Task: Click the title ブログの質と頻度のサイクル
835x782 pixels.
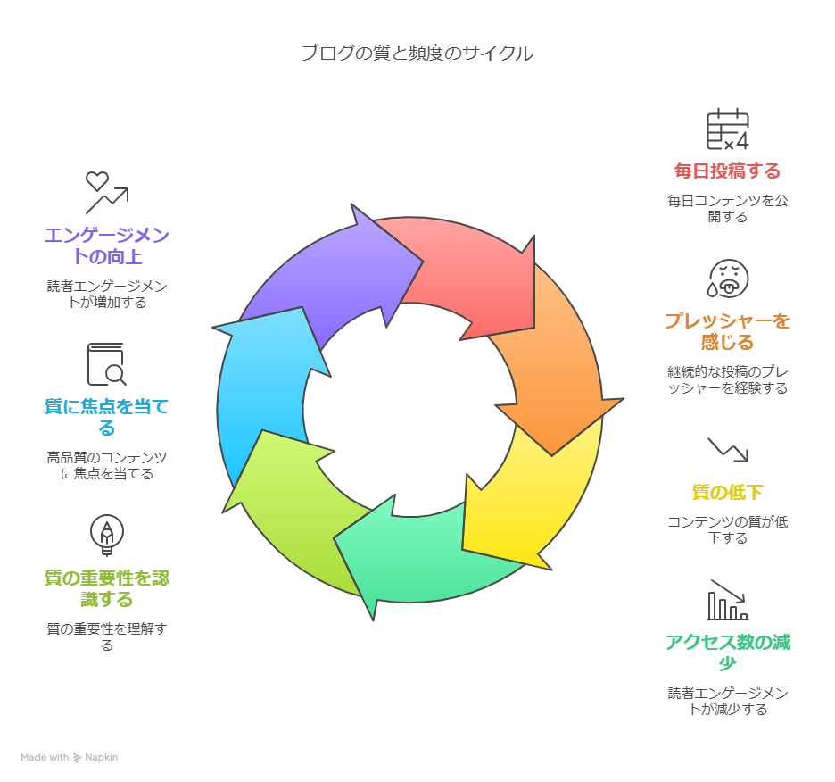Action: [417, 53]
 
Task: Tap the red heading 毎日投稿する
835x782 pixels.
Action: [727, 171]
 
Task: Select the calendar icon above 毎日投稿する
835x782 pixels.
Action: [727, 130]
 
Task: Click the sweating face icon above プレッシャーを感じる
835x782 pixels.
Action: [728, 279]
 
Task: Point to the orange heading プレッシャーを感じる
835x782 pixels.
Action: [727, 331]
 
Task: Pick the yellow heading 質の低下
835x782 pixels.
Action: [727, 492]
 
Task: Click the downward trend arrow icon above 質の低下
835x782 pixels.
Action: [728, 449]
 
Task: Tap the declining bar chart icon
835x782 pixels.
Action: [728, 600]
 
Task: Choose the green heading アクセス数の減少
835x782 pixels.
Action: [727, 653]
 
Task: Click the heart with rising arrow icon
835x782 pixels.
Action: [106, 192]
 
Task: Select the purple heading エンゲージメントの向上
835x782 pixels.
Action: [107, 245]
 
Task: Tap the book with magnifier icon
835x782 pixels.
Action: [106, 364]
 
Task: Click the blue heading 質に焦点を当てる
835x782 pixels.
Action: [107, 417]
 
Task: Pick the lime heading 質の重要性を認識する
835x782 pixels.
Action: [107, 588]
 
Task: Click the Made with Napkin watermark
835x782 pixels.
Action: [70, 757]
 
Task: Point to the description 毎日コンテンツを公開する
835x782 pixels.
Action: [727, 209]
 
